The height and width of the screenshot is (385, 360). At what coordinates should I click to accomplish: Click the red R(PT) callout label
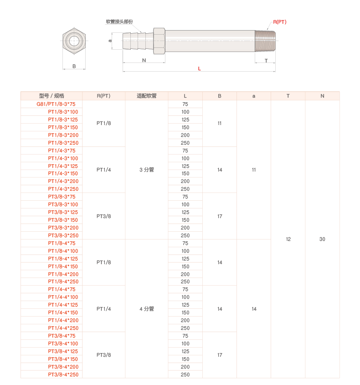click(x=279, y=22)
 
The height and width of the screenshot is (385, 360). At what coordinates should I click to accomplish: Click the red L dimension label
click(x=200, y=69)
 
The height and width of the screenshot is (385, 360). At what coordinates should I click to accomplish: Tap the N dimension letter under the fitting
click(x=144, y=60)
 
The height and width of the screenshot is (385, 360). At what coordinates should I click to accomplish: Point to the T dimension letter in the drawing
click(x=266, y=61)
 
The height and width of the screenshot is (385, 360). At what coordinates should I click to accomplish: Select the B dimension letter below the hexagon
click(x=74, y=66)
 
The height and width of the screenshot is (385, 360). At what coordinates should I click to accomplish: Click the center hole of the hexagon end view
click(x=74, y=41)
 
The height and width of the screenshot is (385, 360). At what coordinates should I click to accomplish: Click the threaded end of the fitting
click(x=265, y=41)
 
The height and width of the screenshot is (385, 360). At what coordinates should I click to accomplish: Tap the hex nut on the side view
click(x=159, y=41)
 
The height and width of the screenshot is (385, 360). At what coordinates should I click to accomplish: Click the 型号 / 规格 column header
click(x=51, y=96)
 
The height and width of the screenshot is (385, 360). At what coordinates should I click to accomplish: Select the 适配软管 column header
click(x=147, y=96)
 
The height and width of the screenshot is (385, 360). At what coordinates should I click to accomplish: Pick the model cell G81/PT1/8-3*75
click(x=56, y=104)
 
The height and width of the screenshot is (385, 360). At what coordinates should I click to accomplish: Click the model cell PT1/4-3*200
click(x=63, y=181)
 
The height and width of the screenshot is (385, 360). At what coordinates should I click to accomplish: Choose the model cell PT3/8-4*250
click(x=63, y=375)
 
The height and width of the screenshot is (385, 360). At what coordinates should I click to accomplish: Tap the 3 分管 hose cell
click(x=147, y=170)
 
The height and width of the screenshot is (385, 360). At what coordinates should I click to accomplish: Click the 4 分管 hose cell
click(x=147, y=309)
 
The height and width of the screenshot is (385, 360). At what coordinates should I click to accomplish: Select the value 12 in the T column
click(x=288, y=239)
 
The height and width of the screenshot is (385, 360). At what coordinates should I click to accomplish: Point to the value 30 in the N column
click(x=322, y=239)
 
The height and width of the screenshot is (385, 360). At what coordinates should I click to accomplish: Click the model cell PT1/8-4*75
click(x=62, y=243)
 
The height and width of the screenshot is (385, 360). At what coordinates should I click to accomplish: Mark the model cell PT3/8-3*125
click(x=63, y=212)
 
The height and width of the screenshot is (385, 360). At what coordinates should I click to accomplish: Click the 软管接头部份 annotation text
click(x=119, y=21)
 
